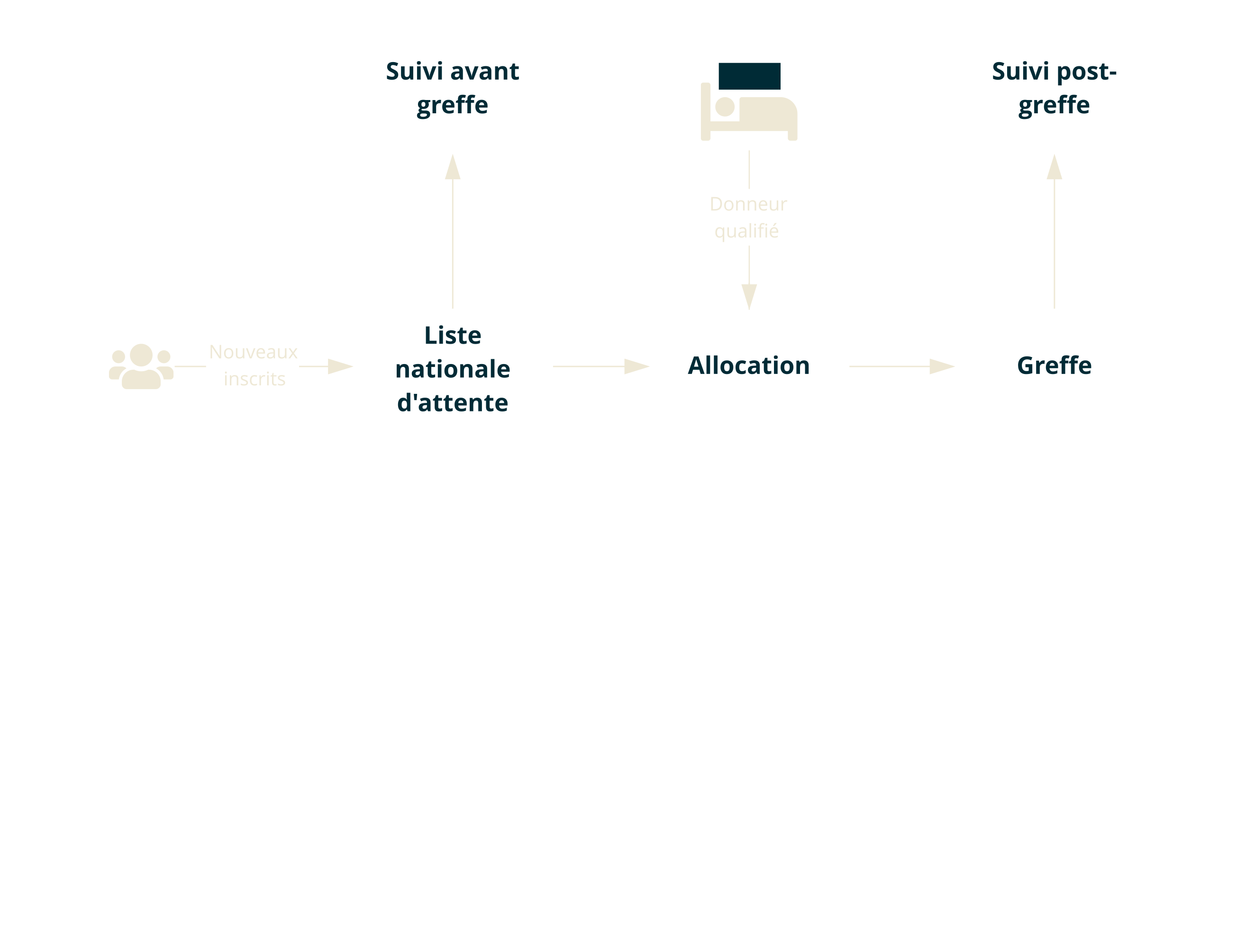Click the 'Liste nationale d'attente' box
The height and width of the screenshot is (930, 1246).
452,366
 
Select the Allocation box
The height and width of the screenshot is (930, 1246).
748,366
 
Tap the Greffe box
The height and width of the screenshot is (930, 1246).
1054,366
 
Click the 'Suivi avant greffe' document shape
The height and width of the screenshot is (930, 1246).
452,96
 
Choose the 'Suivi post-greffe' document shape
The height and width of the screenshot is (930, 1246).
1054,96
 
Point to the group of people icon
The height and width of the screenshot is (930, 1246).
141,366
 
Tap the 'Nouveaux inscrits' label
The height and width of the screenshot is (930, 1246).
253,365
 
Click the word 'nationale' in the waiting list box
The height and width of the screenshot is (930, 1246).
453,369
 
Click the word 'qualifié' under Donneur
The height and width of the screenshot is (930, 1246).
746,231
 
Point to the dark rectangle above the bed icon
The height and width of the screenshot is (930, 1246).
749,76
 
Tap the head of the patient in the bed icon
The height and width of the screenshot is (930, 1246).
725,106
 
